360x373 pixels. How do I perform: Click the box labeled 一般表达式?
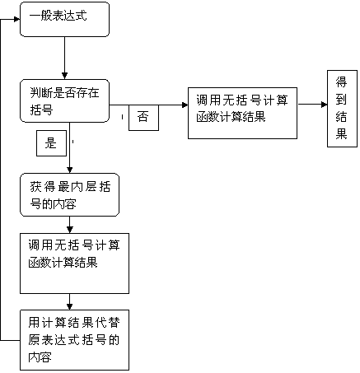coord(64,19)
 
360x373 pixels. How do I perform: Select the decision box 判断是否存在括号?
coord(64,100)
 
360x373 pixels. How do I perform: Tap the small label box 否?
coord(143,118)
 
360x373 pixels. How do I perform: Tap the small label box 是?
coord(51,143)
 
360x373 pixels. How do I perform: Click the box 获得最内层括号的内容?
coord(69,194)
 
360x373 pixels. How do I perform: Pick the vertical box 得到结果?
coord(342,109)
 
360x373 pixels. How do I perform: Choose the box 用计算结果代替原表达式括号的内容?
coord(74,340)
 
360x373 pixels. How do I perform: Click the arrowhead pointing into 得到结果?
coord(325,105)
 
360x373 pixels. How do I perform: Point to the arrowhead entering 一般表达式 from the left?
coord(16,19)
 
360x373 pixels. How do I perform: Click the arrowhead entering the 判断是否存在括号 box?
coord(64,76)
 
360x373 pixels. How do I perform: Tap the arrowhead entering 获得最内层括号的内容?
coord(70,170)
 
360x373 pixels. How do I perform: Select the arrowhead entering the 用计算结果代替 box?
coord(70,307)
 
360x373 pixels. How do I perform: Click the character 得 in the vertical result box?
coord(341,82)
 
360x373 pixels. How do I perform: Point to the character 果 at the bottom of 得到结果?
coord(341,134)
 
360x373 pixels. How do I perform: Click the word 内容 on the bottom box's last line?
coord(40,357)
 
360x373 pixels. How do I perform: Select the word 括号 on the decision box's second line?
coord(41,110)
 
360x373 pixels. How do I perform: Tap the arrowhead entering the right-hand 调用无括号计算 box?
coord(185,105)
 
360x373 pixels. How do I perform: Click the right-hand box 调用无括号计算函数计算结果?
coord(242,113)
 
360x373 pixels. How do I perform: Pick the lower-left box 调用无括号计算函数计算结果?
coord(74,263)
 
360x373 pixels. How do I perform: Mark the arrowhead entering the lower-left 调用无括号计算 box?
coord(70,230)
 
